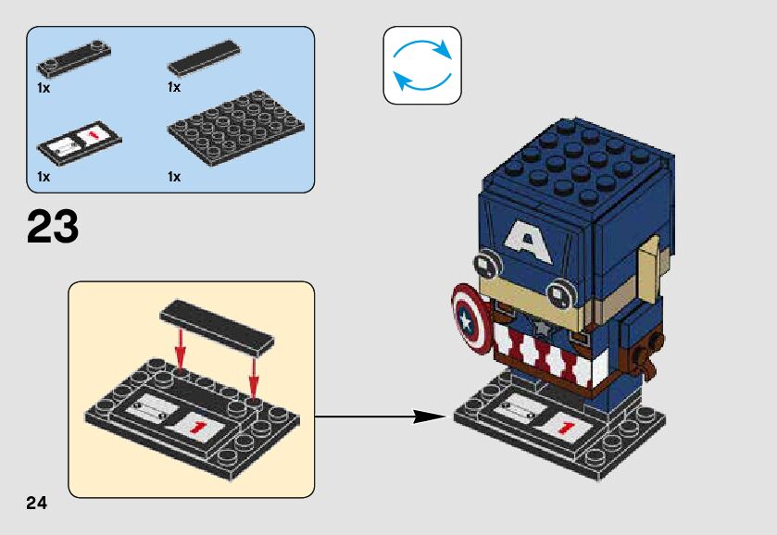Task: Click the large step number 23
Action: [53, 227]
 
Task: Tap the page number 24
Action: [36, 504]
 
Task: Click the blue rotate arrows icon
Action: [421, 65]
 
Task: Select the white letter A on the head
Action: [528, 243]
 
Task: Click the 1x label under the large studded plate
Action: [174, 176]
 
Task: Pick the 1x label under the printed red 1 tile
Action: [44, 176]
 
